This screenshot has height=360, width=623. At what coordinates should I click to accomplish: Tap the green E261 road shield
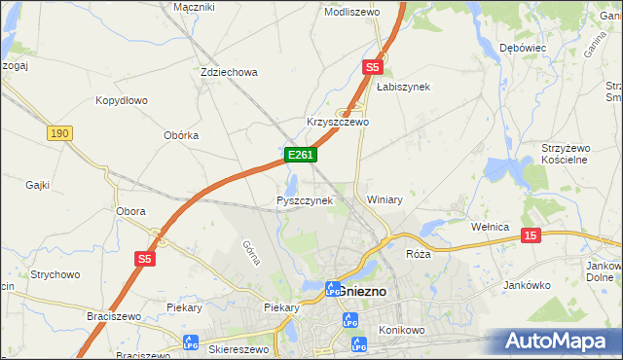[300, 155]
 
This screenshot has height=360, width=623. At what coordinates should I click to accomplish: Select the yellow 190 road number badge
[59, 133]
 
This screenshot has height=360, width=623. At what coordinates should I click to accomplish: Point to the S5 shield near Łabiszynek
[372, 67]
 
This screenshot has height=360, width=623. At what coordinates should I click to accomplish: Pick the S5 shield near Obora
[145, 258]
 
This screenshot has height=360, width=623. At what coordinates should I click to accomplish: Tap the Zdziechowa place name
[228, 72]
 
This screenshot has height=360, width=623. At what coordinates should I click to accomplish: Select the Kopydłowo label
[121, 100]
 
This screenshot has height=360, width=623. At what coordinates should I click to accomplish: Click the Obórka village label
[181, 135]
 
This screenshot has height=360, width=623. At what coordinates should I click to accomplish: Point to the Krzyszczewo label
[338, 123]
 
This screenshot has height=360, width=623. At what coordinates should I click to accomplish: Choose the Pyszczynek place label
[305, 200]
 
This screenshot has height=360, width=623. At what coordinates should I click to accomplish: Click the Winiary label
[385, 199]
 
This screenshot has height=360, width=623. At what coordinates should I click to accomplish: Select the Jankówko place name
[529, 285]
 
